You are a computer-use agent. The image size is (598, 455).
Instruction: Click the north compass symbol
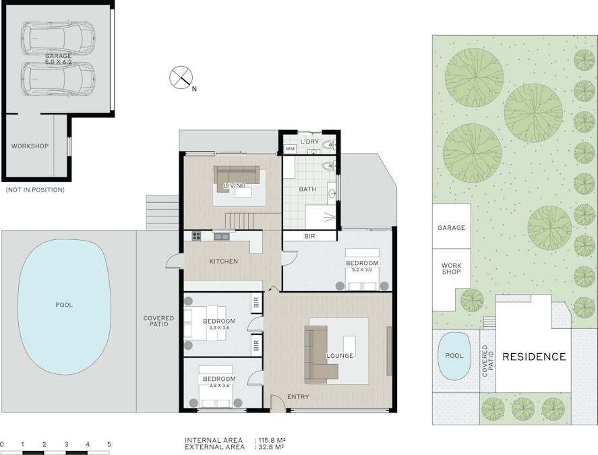[x=180, y=77]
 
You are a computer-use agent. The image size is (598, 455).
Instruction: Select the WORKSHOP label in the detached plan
[x=30, y=146]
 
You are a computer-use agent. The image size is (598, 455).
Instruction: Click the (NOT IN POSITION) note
[x=35, y=190]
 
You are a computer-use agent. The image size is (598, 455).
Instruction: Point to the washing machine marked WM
[x=290, y=148]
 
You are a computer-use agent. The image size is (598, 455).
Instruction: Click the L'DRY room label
[x=309, y=142]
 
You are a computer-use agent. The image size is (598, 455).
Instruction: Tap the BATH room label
[x=307, y=189]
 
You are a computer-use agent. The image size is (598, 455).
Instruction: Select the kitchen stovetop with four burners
[x=197, y=236]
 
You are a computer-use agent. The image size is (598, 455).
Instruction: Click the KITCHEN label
[x=224, y=261]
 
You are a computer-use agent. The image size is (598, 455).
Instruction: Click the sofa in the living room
[x=236, y=174]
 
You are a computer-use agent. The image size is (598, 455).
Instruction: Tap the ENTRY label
[x=298, y=397]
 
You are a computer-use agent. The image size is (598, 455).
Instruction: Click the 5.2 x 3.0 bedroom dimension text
[x=362, y=270]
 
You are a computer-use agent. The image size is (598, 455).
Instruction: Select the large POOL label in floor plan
[x=64, y=305]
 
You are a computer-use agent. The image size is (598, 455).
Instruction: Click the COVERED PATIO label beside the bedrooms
[x=158, y=321]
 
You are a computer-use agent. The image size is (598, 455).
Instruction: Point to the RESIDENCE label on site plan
[x=534, y=357]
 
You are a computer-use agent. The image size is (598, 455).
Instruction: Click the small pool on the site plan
[x=454, y=355]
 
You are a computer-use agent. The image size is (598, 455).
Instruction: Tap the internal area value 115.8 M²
[x=270, y=440]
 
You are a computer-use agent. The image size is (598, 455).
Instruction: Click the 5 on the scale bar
[x=109, y=444]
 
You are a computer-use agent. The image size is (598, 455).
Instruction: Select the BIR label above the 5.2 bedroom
[x=309, y=237]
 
